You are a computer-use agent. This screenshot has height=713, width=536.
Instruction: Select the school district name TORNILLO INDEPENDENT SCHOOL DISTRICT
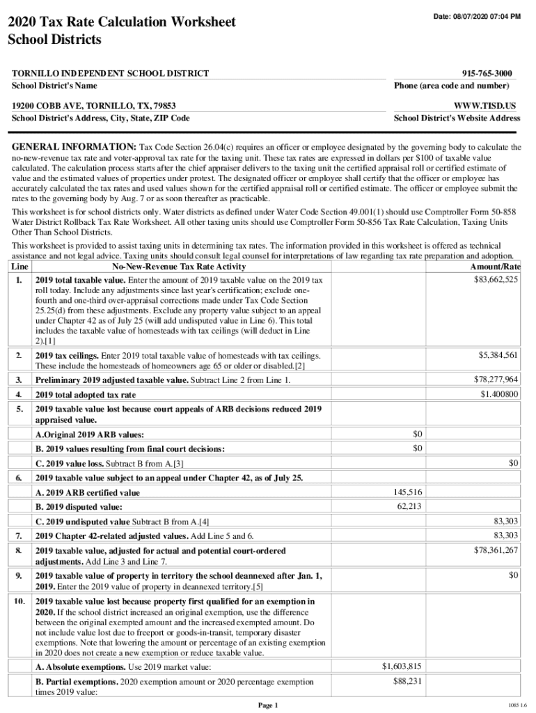[110, 73]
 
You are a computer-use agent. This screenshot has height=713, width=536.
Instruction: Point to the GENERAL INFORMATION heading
[73, 148]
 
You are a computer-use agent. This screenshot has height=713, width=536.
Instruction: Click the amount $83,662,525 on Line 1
[494, 279]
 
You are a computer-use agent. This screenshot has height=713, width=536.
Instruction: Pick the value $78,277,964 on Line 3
[496, 379]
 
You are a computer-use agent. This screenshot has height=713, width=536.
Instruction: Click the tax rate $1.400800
[499, 394]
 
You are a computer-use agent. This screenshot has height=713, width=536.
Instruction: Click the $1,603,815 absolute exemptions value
[402, 666]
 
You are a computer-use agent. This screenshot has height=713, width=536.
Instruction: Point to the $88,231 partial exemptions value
[407, 682]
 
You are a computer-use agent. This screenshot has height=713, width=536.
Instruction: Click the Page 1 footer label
[268, 705]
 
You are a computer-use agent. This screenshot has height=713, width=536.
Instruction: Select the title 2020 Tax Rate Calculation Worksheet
[121, 22]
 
